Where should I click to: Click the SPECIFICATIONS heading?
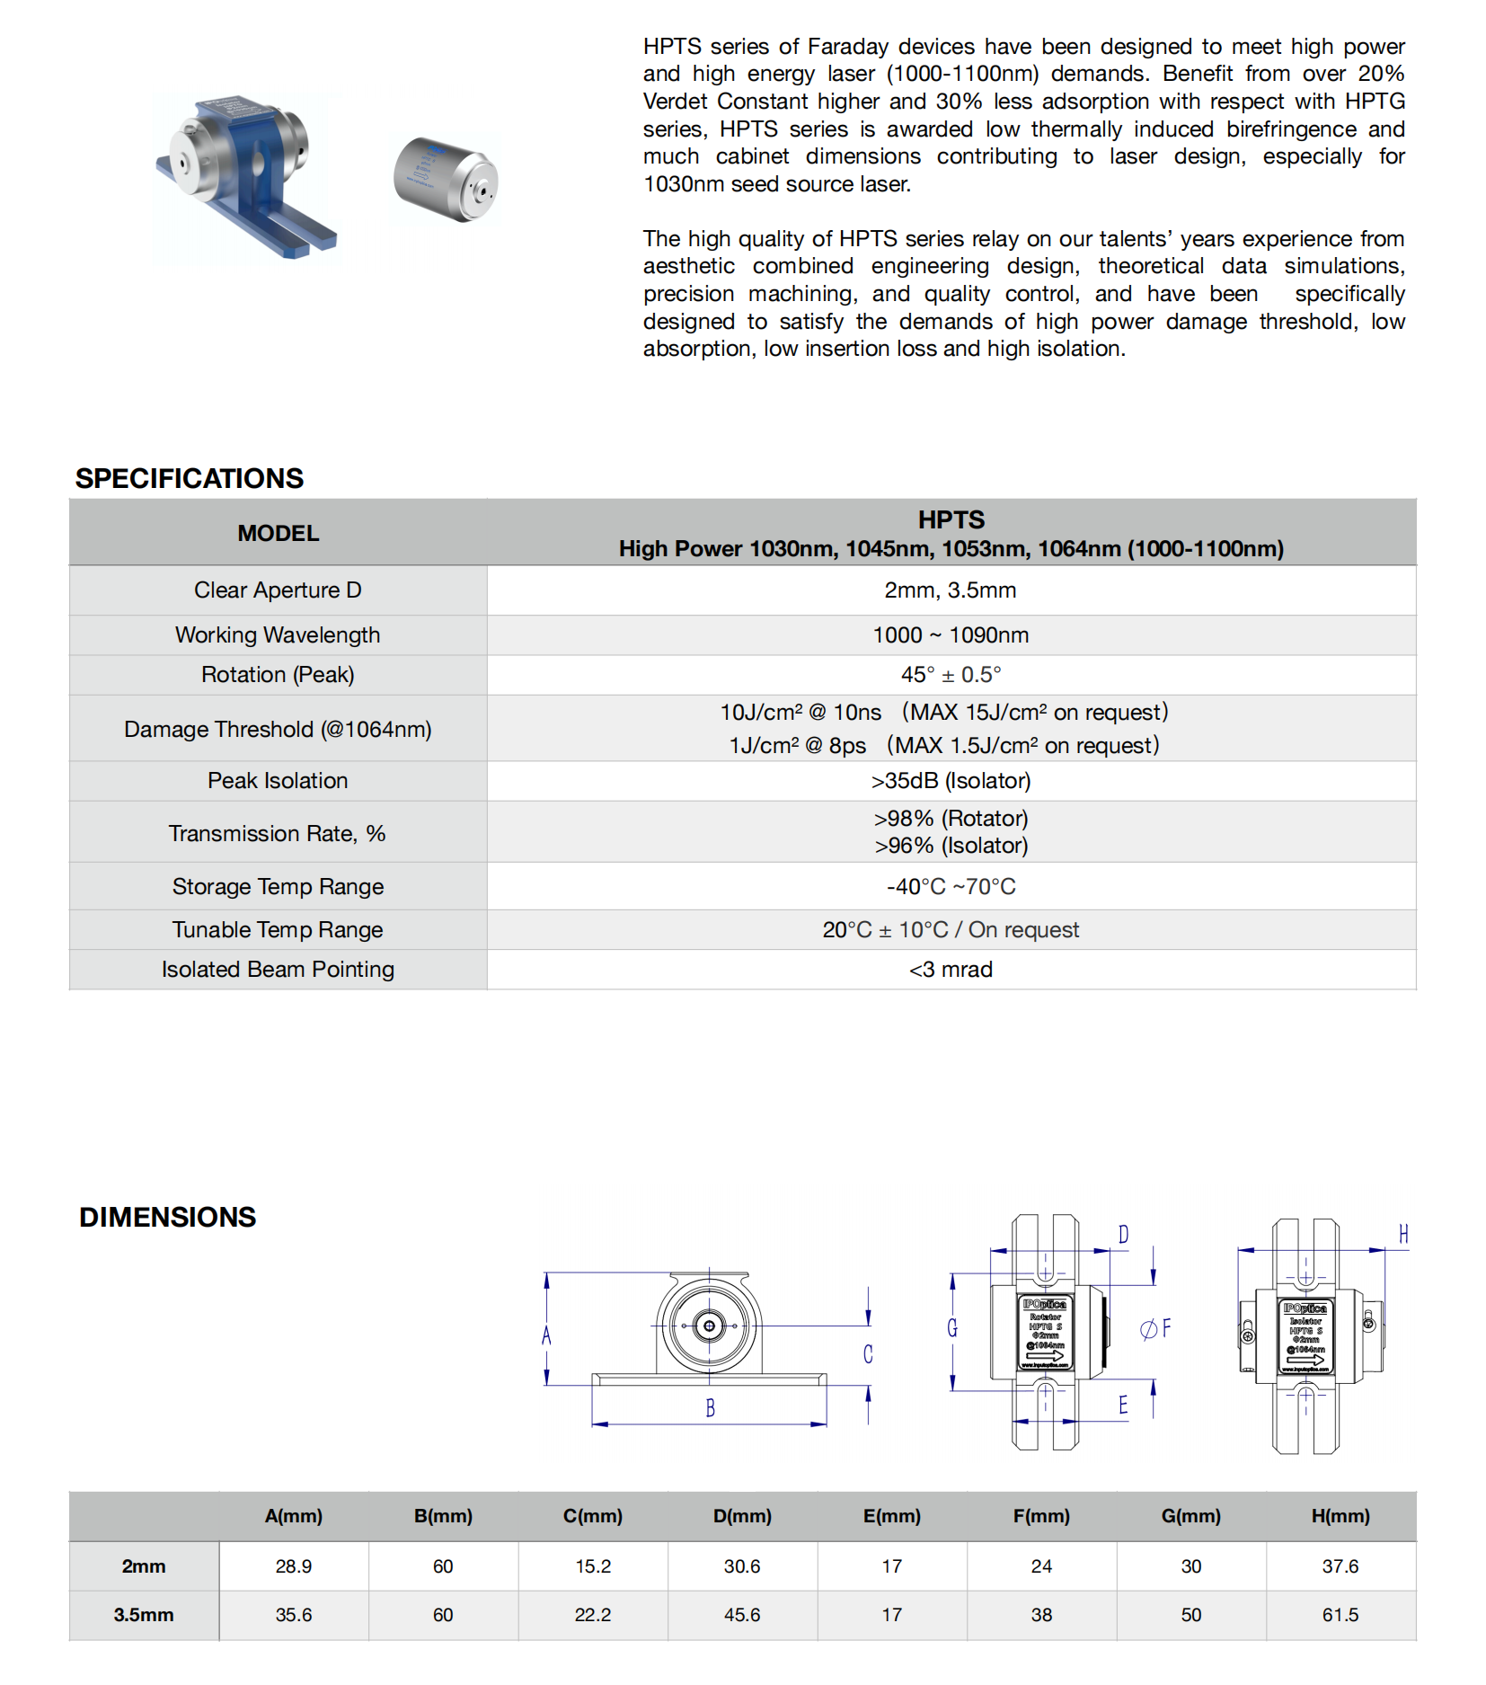(x=190, y=478)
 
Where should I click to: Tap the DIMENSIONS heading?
(x=168, y=1217)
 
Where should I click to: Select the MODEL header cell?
(x=278, y=533)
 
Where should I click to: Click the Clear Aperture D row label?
(x=278, y=590)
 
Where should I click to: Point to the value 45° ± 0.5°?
(x=951, y=675)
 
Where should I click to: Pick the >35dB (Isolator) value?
(x=951, y=781)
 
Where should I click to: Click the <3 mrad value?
(x=951, y=970)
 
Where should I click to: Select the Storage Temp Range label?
(x=278, y=887)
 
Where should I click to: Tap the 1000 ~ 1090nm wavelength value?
(x=951, y=635)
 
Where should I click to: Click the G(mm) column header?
(x=1190, y=1516)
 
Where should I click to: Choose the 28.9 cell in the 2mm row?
(x=294, y=1566)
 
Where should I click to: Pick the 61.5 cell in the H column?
(x=1340, y=1615)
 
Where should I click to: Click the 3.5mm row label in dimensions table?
(x=144, y=1615)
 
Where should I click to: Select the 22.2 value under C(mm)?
(x=593, y=1615)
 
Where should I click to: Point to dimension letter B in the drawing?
(x=710, y=1408)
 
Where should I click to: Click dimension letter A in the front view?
(x=546, y=1336)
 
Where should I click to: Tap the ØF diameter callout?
(x=1155, y=1328)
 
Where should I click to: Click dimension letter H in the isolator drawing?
(x=1402, y=1235)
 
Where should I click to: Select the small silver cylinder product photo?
(x=446, y=179)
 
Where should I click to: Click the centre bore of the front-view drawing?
(x=709, y=1326)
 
